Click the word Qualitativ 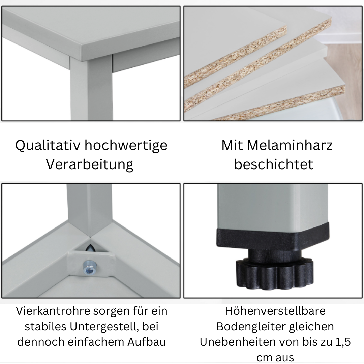48,146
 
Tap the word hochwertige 126,146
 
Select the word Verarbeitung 90,165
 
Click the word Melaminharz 290,145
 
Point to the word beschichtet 274,164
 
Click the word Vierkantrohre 53,311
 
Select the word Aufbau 147,342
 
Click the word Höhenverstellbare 275,311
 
